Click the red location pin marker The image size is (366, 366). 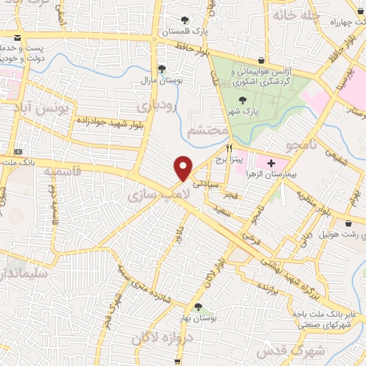point(184,168)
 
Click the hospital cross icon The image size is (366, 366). point(270,164)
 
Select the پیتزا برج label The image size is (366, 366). point(230,159)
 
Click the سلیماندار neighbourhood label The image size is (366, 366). point(23,273)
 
